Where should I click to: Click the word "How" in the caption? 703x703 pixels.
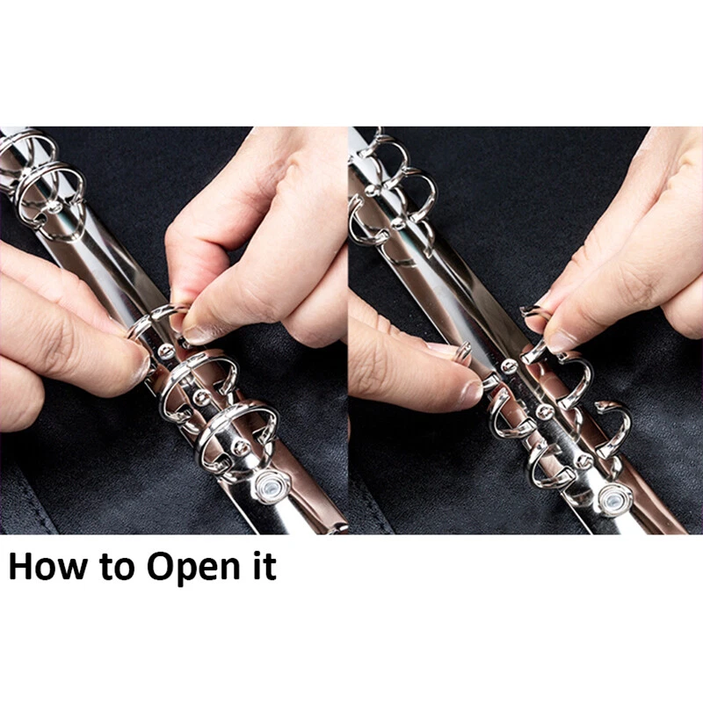click(x=47, y=567)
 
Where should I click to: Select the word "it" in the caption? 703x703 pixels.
click(x=265, y=567)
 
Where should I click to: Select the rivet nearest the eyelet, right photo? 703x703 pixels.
click(x=584, y=460)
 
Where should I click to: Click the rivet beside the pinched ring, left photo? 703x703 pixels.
click(x=166, y=351)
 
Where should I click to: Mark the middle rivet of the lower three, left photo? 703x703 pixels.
click(x=200, y=397)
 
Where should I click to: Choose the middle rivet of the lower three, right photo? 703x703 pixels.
click(x=544, y=410)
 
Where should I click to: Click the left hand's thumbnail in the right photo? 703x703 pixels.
click(x=471, y=392)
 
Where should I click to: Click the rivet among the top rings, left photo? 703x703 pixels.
click(x=54, y=207)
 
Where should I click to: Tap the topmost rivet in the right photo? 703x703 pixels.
click(x=371, y=191)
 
